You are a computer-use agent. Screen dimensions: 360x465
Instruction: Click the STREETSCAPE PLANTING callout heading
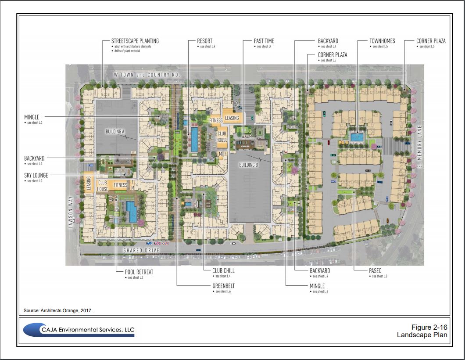tap(135, 41)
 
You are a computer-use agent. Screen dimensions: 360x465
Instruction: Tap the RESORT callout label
tap(205, 41)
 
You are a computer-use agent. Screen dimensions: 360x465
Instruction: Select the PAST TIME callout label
tap(264, 41)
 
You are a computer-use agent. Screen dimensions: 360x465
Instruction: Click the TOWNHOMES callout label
tap(382, 41)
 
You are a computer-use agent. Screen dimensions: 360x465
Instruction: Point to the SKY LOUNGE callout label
tap(36, 175)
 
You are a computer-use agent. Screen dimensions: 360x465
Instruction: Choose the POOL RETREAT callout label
tap(139, 272)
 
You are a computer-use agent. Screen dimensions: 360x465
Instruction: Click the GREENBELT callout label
tap(224, 286)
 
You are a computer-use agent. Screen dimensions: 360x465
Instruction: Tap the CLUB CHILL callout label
tap(223, 271)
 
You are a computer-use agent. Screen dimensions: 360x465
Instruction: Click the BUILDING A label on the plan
tap(115, 131)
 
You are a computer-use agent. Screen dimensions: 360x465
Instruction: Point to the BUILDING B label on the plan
tap(248, 165)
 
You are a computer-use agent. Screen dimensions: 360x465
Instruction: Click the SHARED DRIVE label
tap(139, 250)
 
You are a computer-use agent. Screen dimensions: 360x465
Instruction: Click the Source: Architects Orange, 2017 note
tap(58, 310)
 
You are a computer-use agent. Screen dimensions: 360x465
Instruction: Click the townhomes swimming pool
tap(357, 137)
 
